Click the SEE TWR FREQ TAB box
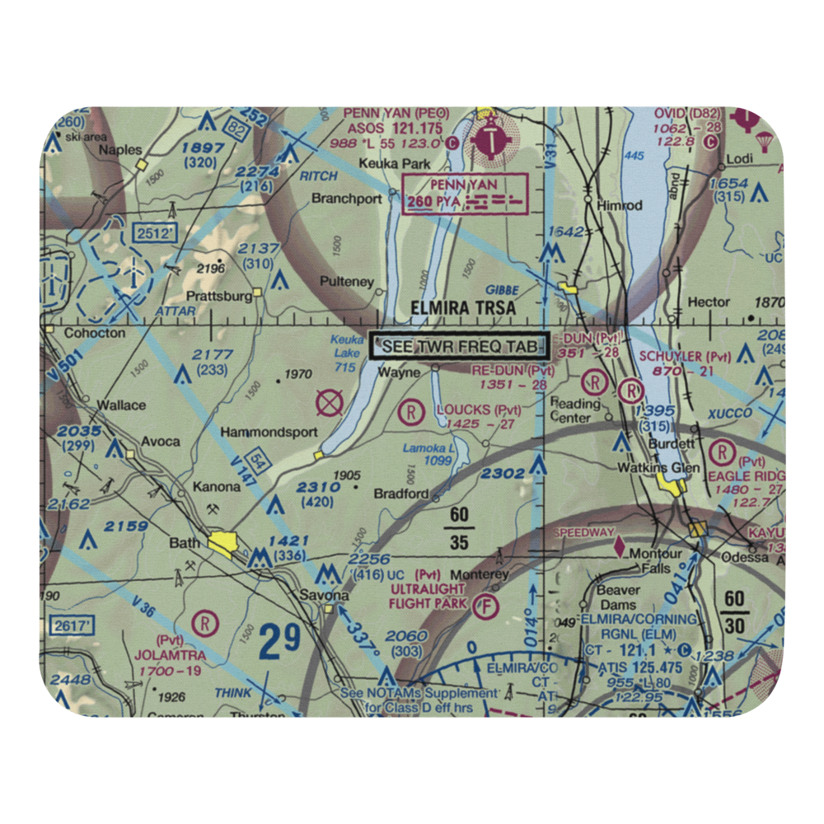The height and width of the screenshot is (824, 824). point(460,347)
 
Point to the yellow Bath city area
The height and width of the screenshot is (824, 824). point(225,543)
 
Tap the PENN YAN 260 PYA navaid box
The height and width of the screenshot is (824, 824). point(464,194)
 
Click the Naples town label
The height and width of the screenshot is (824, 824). point(120,150)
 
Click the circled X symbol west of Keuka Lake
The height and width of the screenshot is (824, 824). point(330,404)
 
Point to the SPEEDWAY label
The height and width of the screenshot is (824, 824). point(583,533)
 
